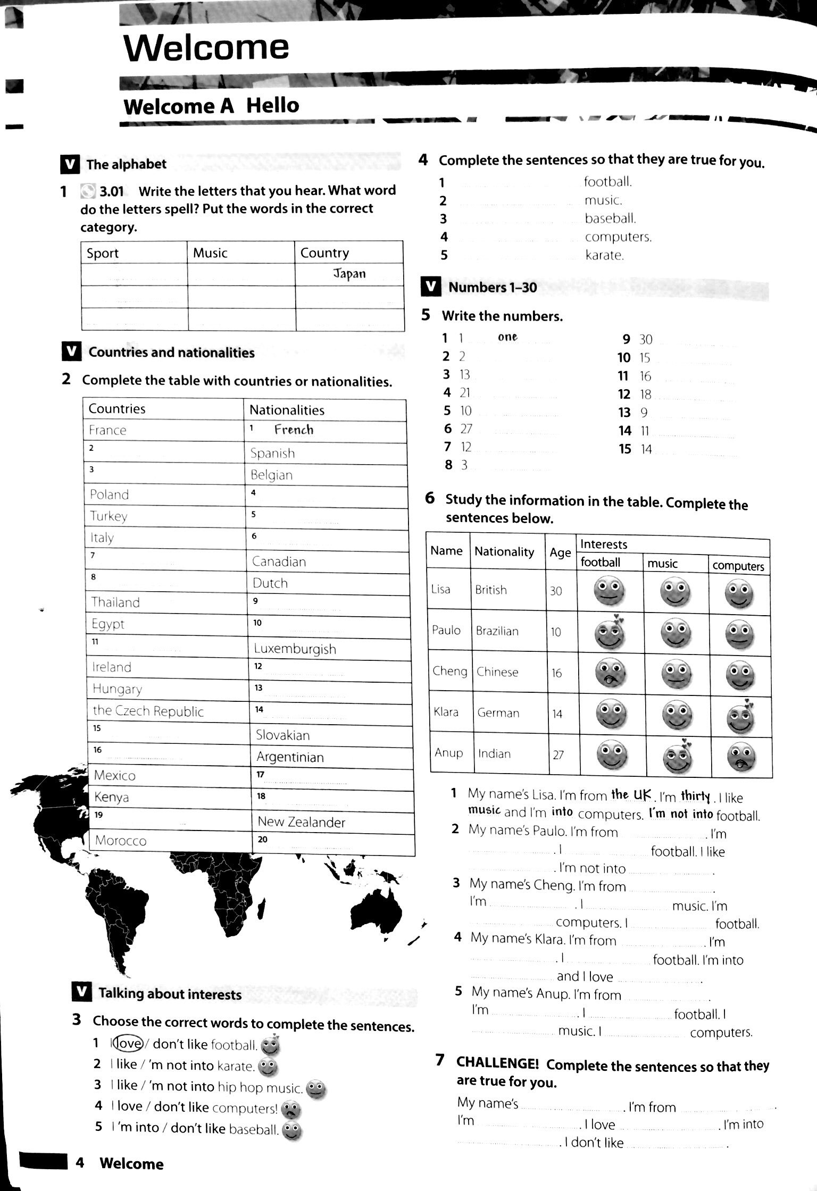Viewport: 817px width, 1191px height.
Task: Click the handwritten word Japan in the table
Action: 349,274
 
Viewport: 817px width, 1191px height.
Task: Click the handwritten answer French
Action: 294,430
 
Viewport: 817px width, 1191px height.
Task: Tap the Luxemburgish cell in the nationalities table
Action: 295,649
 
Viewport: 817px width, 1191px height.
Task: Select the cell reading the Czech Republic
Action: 148,711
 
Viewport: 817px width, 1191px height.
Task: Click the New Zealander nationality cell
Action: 301,822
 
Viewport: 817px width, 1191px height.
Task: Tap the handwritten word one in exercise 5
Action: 507,337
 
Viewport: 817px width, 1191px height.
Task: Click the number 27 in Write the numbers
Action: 466,429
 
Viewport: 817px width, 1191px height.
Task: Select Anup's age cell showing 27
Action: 558,754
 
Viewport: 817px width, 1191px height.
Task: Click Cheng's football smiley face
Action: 610,673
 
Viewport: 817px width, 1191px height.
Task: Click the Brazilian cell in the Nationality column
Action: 497,631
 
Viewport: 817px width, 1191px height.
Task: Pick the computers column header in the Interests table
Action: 738,566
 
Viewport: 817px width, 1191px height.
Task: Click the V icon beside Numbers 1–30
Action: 430,287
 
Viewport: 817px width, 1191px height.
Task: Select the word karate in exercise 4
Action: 604,255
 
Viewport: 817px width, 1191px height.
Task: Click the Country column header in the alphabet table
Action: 324,253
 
